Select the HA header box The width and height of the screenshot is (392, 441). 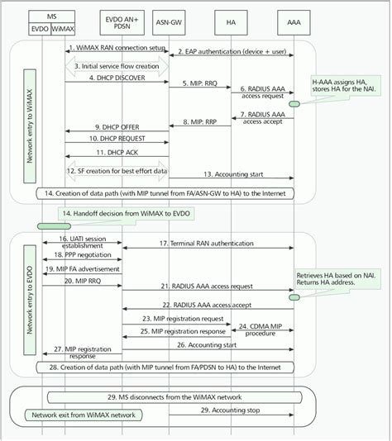coord(235,17)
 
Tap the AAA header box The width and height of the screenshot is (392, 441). coord(293,17)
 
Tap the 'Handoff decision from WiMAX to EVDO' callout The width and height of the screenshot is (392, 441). coord(122,214)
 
